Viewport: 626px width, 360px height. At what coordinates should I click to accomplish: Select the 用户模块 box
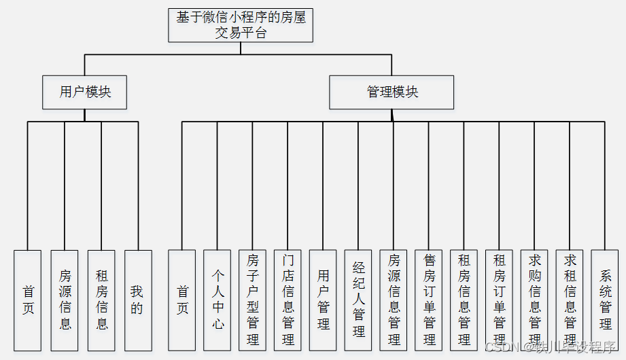85,92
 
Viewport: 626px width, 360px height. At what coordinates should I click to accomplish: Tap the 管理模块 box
392,92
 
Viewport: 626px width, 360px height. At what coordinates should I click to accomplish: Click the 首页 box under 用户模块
28,300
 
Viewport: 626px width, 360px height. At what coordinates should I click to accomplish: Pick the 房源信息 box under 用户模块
65,300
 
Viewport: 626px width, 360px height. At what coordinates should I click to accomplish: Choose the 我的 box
137,300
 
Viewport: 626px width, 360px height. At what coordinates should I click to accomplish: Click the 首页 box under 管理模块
182,300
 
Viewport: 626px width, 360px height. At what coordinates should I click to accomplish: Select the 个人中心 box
218,300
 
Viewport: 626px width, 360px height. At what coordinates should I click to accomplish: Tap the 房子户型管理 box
253,300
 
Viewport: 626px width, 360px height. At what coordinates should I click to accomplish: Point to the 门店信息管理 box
288,300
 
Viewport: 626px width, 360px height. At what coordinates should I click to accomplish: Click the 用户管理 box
323,300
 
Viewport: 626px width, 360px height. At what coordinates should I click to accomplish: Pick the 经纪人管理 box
358,300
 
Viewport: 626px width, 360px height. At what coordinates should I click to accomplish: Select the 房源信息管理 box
394,300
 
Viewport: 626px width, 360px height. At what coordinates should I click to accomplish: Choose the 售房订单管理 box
429,300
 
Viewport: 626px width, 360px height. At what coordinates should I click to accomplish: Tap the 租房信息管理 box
464,300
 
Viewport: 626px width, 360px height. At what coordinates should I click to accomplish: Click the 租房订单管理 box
500,300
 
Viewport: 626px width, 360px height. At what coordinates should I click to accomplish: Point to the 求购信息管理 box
534,300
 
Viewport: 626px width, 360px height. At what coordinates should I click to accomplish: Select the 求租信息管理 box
570,300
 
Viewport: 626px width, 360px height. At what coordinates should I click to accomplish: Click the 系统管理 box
605,300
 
